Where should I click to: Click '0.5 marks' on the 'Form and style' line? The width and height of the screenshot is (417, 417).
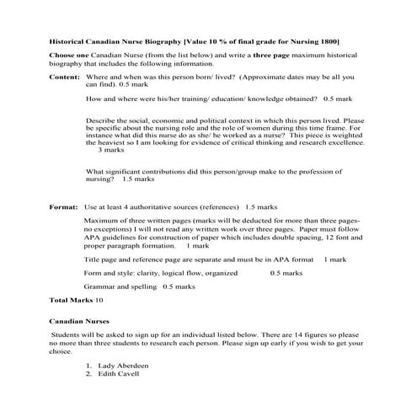click(286, 273)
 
